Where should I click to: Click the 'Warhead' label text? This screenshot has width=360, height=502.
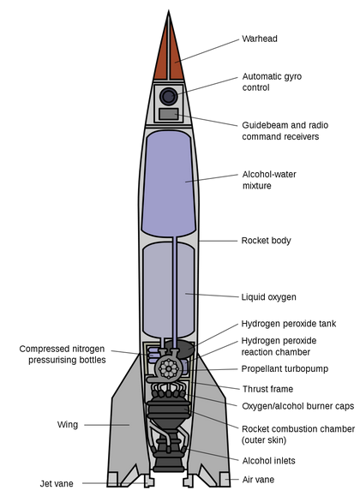tap(260, 39)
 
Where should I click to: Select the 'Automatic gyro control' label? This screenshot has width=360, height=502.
tap(273, 82)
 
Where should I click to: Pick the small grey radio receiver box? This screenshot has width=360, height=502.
tap(169, 114)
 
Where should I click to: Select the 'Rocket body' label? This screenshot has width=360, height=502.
tap(266, 241)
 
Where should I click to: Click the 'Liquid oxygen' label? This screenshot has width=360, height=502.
tap(268, 297)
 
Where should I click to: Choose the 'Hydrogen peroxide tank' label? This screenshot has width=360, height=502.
tap(288, 324)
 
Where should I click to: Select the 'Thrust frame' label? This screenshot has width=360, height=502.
tap(268, 389)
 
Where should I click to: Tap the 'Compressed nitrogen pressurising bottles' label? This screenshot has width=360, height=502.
tap(63, 355)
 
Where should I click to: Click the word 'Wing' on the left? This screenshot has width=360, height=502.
tap(68, 424)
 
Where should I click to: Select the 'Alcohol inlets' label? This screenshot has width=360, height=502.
tap(268, 460)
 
